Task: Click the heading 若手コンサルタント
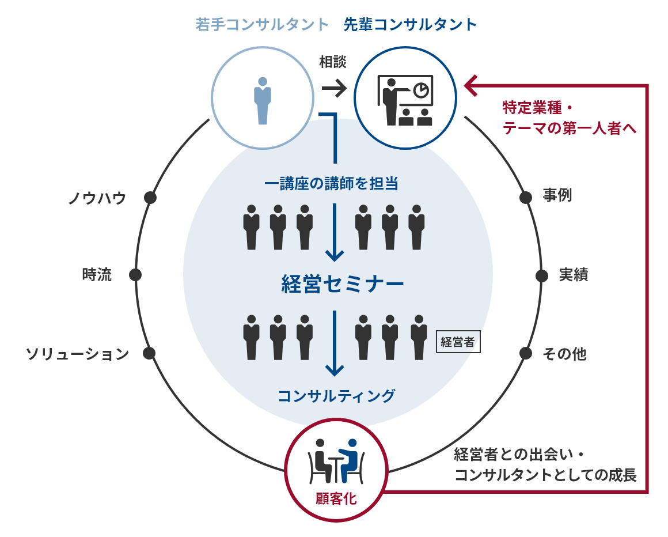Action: click(x=262, y=24)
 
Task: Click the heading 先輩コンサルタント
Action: click(x=410, y=24)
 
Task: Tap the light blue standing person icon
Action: click(x=263, y=101)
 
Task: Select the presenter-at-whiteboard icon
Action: click(x=405, y=101)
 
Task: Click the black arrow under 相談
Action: click(x=335, y=89)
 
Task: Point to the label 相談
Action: click(x=333, y=62)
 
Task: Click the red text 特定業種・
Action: click(x=538, y=107)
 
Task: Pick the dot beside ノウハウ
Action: click(x=150, y=198)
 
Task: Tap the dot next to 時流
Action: click(x=135, y=275)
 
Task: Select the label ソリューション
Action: click(x=78, y=354)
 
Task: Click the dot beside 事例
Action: click(x=526, y=197)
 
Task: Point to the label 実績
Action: click(x=574, y=275)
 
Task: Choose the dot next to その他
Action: click(x=526, y=353)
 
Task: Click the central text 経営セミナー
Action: click(x=343, y=284)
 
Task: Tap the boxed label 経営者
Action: click(x=458, y=342)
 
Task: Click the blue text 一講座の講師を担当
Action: click(x=332, y=184)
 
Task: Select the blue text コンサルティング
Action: click(x=336, y=396)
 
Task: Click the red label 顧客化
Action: click(x=336, y=498)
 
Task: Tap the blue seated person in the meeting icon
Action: click(x=349, y=460)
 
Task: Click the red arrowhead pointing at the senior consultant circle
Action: click(x=470, y=86)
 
